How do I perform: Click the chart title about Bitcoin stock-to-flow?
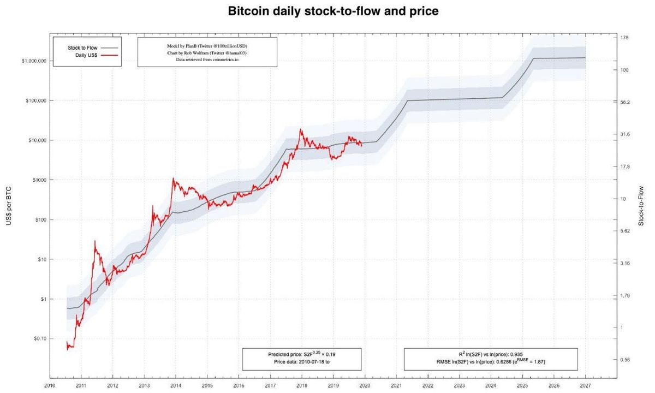[x=332, y=11]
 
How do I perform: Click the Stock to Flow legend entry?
[x=82, y=48]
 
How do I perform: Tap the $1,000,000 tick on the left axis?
[x=34, y=61]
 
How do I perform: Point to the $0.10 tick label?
[x=38, y=339]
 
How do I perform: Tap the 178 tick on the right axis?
[x=625, y=38]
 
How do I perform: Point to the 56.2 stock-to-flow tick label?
[x=626, y=102]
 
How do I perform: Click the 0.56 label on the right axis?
[x=626, y=360]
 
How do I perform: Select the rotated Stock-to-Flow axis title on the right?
[x=641, y=205]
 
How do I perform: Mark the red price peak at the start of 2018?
[x=300, y=130]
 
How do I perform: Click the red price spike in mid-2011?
[x=95, y=241]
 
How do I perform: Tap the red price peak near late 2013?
[x=173, y=178]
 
